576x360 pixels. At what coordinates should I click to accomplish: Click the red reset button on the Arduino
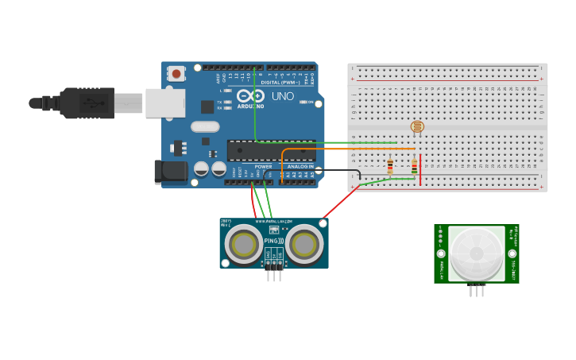[176, 73]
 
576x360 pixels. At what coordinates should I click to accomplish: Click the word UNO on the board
[283, 96]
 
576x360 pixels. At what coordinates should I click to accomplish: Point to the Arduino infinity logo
[249, 95]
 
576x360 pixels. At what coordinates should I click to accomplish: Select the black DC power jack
[170, 170]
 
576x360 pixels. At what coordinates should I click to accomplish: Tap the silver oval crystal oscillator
[204, 126]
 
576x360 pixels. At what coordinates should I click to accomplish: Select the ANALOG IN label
[300, 166]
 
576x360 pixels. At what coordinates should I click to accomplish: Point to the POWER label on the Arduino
[263, 166]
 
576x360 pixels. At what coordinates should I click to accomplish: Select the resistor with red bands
[389, 166]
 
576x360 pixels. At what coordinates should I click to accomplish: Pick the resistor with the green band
[414, 166]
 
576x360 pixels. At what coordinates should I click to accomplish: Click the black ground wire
[342, 170]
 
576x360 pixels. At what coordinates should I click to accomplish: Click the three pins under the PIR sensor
[477, 291]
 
